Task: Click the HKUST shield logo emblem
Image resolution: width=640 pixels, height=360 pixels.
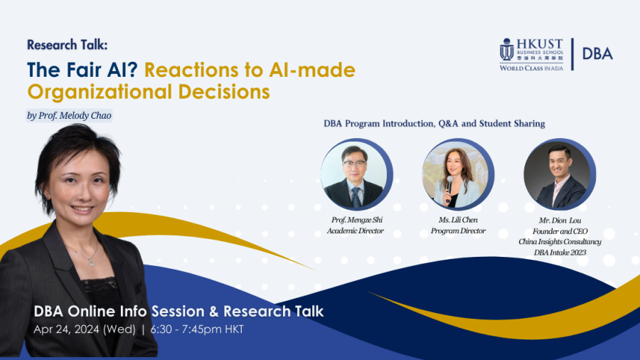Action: tap(506, 49)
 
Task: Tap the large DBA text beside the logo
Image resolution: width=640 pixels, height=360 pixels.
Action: tap(597, 54)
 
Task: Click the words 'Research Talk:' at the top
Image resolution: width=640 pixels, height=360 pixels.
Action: tap(68, 45)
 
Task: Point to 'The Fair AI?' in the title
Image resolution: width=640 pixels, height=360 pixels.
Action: tap(82, 70)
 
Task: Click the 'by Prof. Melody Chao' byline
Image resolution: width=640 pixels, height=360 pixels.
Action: tap(70, 116)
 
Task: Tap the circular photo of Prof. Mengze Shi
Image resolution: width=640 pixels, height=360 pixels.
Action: tap(357, 174)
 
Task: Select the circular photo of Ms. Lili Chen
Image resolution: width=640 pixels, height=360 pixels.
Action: tap(458, 174)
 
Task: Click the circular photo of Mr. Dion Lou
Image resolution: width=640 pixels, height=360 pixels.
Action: tap(560, 174)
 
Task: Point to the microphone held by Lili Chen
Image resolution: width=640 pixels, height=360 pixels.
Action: tap(449, 188)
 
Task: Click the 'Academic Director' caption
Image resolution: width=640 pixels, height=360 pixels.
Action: tap(355, 231)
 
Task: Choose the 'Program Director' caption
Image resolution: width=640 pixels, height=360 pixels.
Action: tap(458, 231)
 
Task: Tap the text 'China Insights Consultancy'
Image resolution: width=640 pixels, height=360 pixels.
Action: tap(560, 242)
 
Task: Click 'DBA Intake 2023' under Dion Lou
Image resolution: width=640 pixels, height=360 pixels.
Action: tap(560, 253)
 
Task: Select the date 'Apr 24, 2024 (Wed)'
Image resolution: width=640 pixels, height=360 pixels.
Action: tap(85, 329)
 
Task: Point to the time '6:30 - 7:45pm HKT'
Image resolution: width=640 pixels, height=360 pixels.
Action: tap(197, 329)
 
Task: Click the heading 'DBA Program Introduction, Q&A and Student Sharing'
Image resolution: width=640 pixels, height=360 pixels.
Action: tap(434, 123)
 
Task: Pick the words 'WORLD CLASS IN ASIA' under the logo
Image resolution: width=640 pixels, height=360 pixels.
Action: tap(531, 68)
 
